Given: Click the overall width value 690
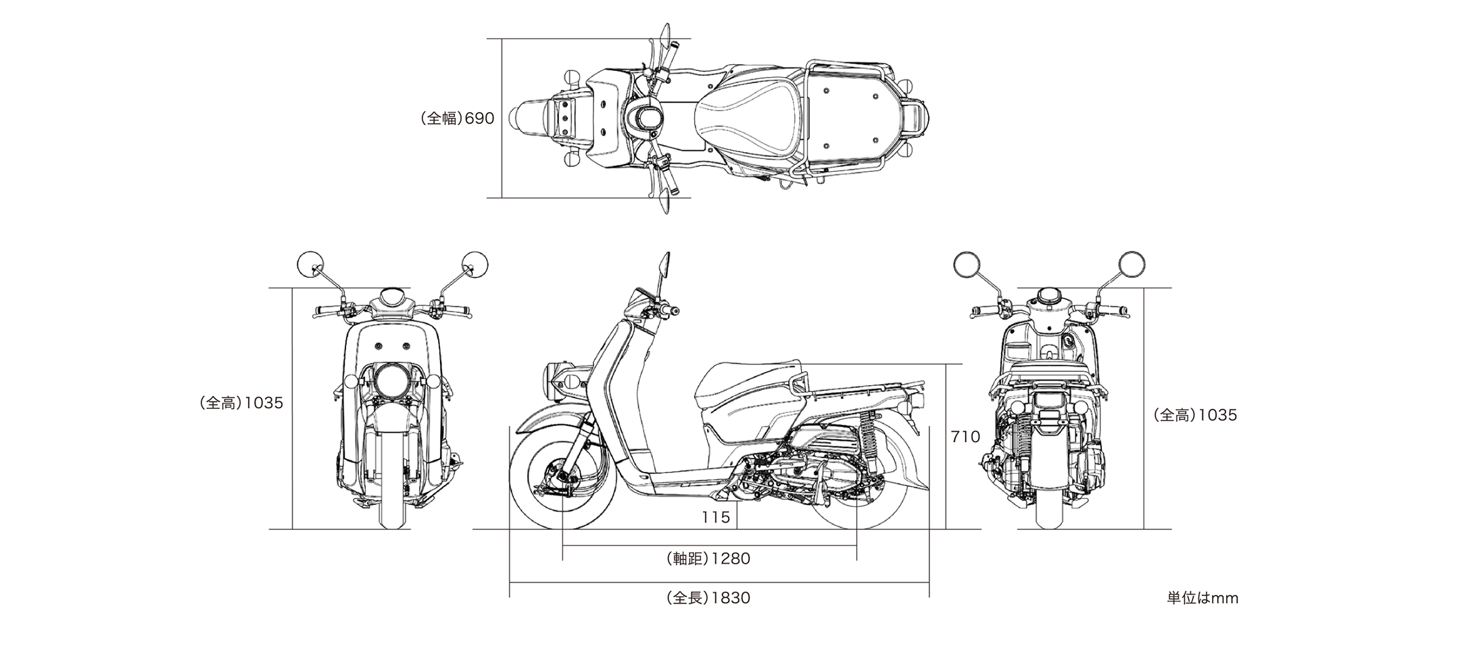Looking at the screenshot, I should (x=479, y=118).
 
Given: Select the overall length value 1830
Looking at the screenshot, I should (x=730, y=598).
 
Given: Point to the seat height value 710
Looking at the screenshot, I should (x=965, y=437).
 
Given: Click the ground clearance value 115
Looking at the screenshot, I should (x=715, y=517).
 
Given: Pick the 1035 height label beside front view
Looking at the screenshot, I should (x=263, y=403).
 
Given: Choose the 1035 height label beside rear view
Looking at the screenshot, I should (x=1217, y=415).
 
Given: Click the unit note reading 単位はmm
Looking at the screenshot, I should (x=1202, y=598).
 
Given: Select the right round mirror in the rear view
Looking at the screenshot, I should (x=1131, y=264).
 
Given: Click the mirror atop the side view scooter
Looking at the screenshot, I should (x=664, y=265).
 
